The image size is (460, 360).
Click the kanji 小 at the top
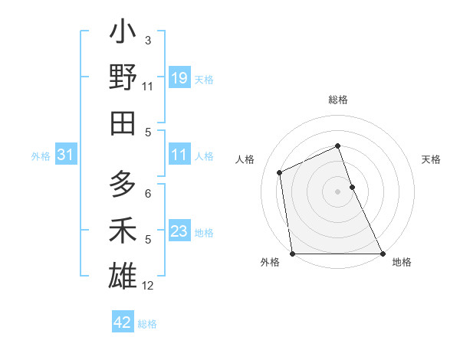click(x=123, y=35)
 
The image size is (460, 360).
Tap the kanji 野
click(x=123, y=79)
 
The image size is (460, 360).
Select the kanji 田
click(x=123, y=123)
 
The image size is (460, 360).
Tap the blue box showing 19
click(x=179, y=78)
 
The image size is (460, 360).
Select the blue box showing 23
click(x=179, y=231)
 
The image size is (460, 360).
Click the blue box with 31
click(x=65, y=155)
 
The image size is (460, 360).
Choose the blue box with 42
click(x=123, y=322)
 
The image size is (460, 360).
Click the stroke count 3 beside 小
click(x=148, y=40)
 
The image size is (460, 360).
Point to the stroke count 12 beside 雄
click(x=148, y=286)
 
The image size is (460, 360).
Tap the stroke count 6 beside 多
click(x=148, y=194)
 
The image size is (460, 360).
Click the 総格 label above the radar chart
click(x=338, y=100)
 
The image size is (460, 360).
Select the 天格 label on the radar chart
click(x=432, y=159)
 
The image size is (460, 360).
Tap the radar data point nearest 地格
click(x=383, y=254)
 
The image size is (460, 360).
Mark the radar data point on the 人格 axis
click(x=280, y=172)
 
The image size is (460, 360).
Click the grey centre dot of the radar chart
click(x=337, y=191)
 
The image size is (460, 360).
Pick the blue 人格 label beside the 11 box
click(x=204, y=155)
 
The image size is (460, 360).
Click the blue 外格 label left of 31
click(x=41, y=156)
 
